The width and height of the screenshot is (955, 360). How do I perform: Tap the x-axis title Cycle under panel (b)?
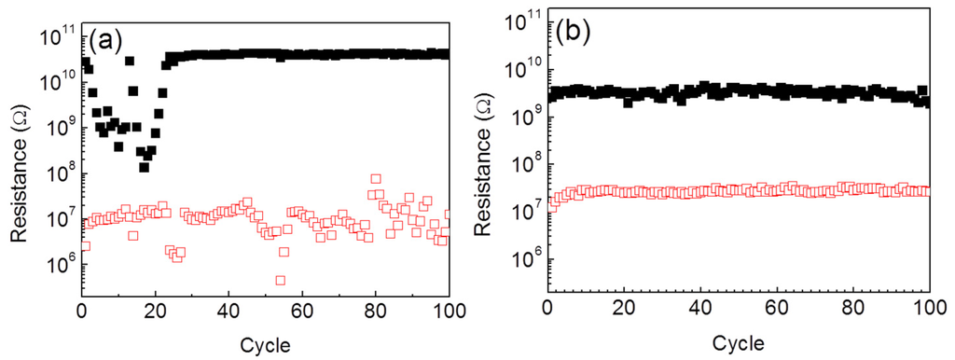click(x=739, y=342)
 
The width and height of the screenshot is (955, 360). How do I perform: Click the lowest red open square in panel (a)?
click(x=280, y=280)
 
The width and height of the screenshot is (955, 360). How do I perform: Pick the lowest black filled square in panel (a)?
click(x=145, y=167)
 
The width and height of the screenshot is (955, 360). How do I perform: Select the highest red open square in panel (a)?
click(x=376, y=178)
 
